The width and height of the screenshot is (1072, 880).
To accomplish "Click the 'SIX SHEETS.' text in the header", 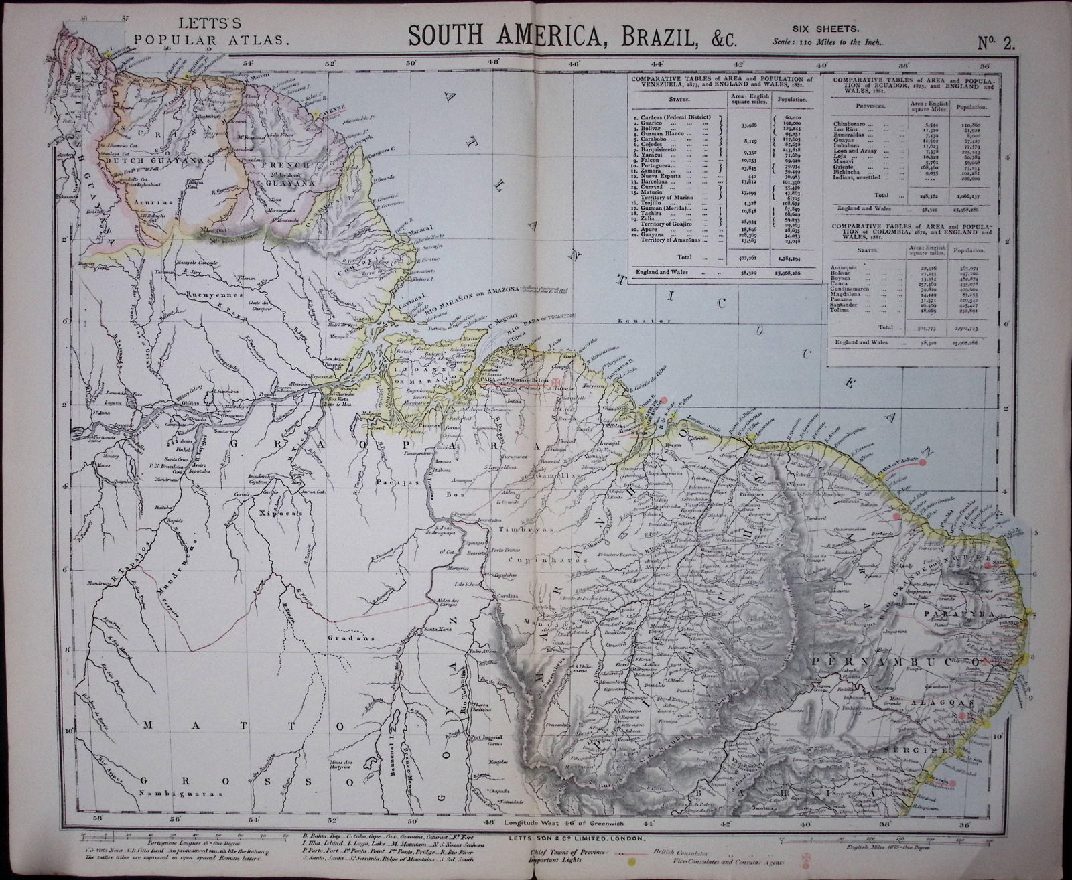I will point(826,28).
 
